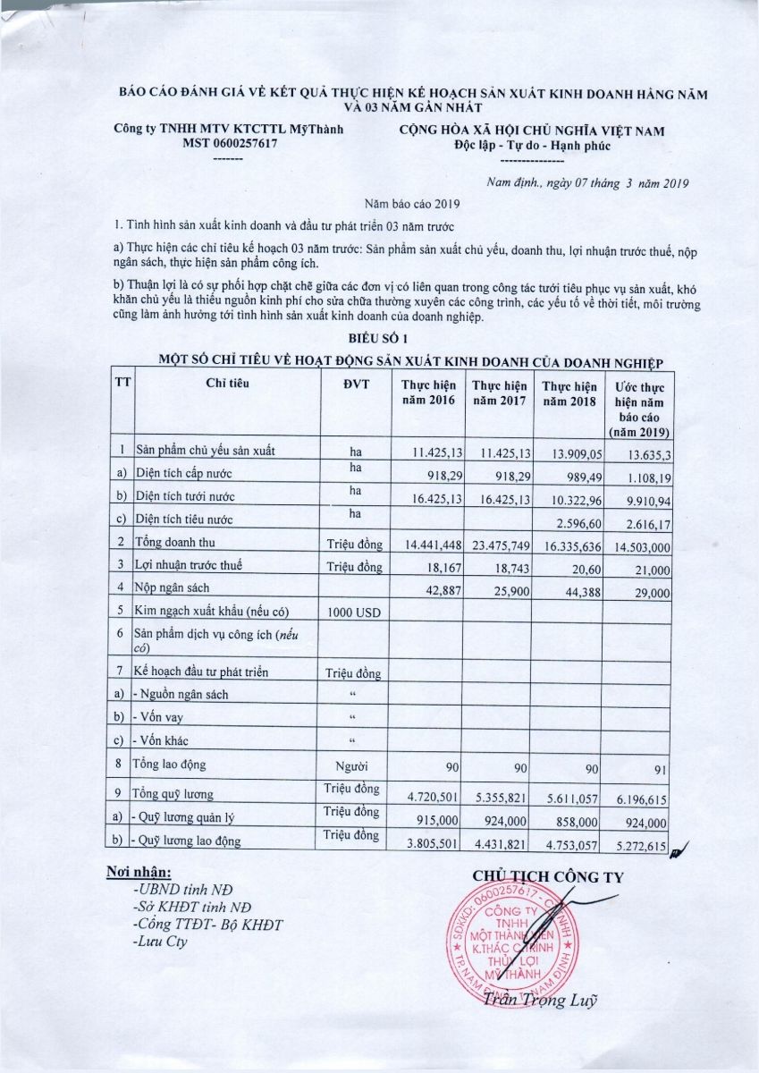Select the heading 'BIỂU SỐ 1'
pyautogui.click(x=379, y=338)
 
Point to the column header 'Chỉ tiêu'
pyautogui.click(x=227, y=383)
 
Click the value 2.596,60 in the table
pyautogui.click(x=569, y=520)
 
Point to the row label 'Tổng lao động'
pyautogui.click(x=169, y=765)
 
